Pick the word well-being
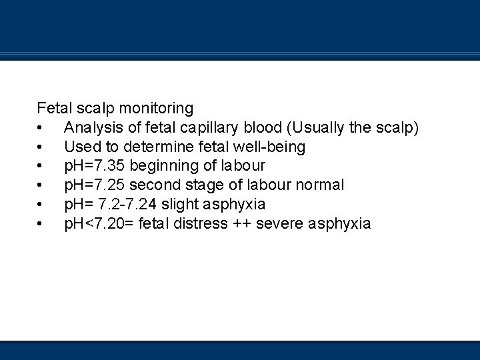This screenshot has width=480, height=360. [266, 146]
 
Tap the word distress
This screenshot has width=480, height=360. [199, 223]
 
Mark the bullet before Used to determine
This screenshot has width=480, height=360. [41, 146]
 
